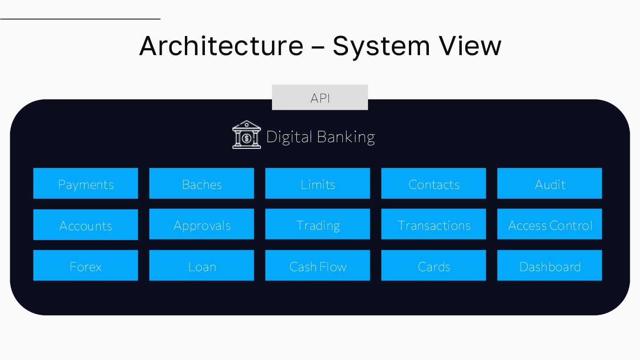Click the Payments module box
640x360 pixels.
pyautogui.click(x=86, y=183)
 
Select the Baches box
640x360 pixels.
pyautogui.click(x=202, y=183)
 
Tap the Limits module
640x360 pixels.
pyautogui.click(x=318, y=183)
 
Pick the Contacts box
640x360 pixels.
pyautogui.click(x=434, y=183)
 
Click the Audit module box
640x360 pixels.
pyautogui.click(x=550, y=183)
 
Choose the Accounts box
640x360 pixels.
pyautogui.click(x=86, y=224)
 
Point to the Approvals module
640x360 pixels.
pyautogui.click(x=202, y=224)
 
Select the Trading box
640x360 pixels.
pyautogui.click(x=318, y=224)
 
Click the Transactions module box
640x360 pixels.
pyautogui.click(x=434, y=224)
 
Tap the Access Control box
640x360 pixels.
pyautogui.click(x=550, y=224)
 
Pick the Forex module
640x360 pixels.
pyautogui.click(x=86, y=265)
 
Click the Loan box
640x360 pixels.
pyautogui.click(x=202, y=265)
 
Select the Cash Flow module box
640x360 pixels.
pyautogui.click(x=318, y=265)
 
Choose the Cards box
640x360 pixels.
pyautogui.click(x=434, y=265)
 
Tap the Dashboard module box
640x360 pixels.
pyautogui.click(x=550, y=265)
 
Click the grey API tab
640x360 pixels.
pyautogui.click(x=320, y=97)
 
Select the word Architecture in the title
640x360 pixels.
pyautogui.click(x=221, y=45)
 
